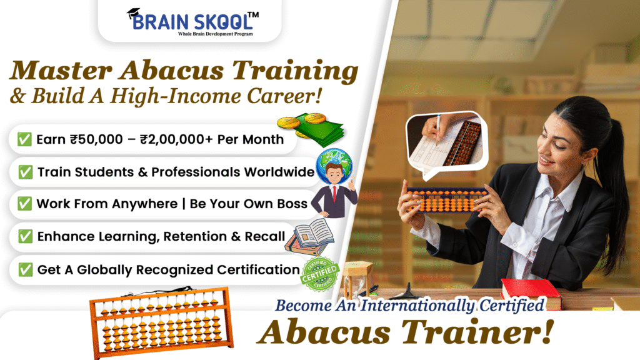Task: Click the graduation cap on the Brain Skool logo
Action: pyautogui.click(x=134, y=14)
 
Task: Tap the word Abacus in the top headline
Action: pyautogui.click(x=171, y=70)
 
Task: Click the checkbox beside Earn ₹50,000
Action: pyautogui.click(x=24, y=139)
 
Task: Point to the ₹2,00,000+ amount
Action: pyautogui.click(x=176, y=139)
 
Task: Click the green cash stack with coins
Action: pyautogui.click(x=311, y=129)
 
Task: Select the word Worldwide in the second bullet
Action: pyautogui.click(x=279, y=172)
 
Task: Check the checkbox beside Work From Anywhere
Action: pyautogui.click(x=24, y=204)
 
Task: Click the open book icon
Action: pyautogui.click(x=310, y=236)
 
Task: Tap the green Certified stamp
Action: pyautogui.click(x=320, y=274)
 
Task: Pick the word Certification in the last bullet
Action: pyautogui.click(x=258, y=270)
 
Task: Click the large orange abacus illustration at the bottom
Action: pyautogui.click(x=161, y=322)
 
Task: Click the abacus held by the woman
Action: pyautogui.click(x=447, y=200)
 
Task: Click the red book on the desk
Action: pyautogui.click(x=531, y=292)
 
